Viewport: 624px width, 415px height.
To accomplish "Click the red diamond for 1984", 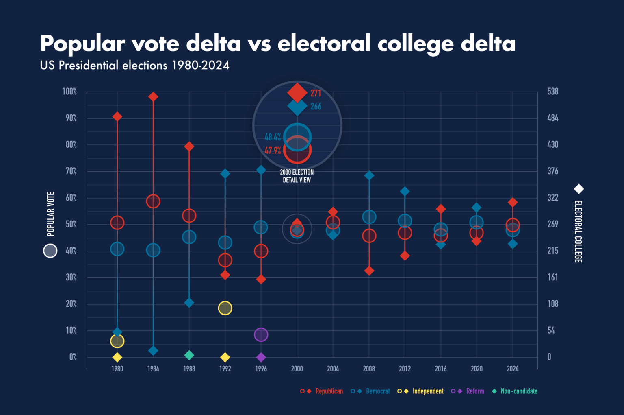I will tap(153, 97).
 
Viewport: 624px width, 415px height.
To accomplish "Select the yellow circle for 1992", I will tap(225, 308).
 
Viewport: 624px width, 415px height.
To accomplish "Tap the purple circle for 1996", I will tap(261, 335).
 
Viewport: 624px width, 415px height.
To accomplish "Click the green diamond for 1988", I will tap(189, 355).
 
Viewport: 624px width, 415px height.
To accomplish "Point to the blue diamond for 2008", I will tap(369, 176).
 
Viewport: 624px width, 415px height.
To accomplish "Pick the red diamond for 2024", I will tap(513, 202).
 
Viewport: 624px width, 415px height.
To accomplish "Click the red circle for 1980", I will tap(117, 223).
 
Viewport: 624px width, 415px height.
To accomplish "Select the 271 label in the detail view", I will tap(316, 93).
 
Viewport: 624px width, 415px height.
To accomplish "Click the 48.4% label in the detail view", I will tap(273, 137).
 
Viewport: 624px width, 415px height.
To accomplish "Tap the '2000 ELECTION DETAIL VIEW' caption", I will tap(297, 176).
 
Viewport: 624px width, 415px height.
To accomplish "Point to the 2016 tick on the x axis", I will tap(441, 369).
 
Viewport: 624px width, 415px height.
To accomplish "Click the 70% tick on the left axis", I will tap(71, 171).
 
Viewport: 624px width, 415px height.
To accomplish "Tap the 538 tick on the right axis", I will tap(552, 92).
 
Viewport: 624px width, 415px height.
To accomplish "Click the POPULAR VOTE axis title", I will tap(50, 214).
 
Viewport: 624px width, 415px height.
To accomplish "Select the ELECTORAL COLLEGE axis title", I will tap(578, 231).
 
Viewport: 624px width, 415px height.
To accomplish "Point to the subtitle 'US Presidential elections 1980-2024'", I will tap(134, 65).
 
